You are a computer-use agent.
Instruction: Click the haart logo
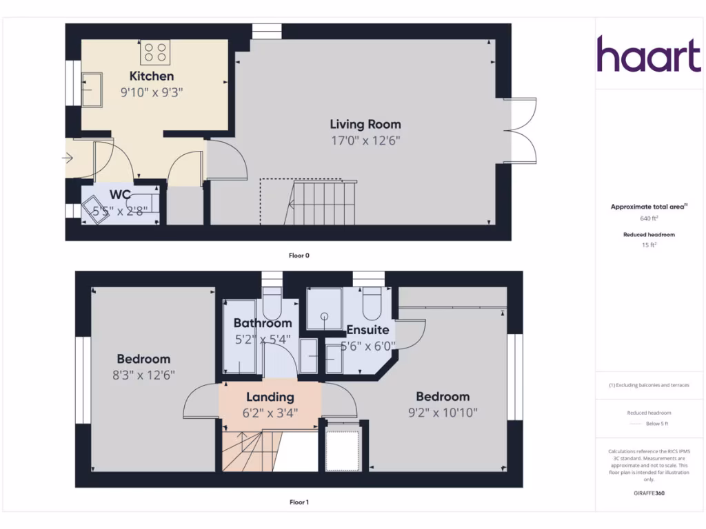point(648,55)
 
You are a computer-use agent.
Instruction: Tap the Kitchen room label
point(152,76)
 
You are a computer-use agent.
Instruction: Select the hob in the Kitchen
point(156,52)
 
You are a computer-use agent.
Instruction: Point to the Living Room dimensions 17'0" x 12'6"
point(365,141)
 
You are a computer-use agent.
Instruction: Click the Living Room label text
point(365,125)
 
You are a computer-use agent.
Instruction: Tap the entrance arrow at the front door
point(68,158)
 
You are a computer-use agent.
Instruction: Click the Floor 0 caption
point(299,256)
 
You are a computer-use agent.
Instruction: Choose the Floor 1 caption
point(299,503)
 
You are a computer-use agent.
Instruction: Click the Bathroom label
point(263,323)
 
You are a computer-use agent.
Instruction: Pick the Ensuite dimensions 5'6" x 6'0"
point(369,346)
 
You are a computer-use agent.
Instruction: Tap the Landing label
point(270,397)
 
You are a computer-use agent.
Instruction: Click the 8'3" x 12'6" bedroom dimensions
point(143,375)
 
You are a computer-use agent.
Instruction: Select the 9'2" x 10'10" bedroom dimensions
point(443,413)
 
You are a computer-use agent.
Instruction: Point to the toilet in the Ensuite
point(372,301)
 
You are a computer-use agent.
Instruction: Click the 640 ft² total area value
point(649,218)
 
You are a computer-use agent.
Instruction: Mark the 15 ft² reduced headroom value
point(649,245)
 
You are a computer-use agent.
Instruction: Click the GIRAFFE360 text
point(649,493)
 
